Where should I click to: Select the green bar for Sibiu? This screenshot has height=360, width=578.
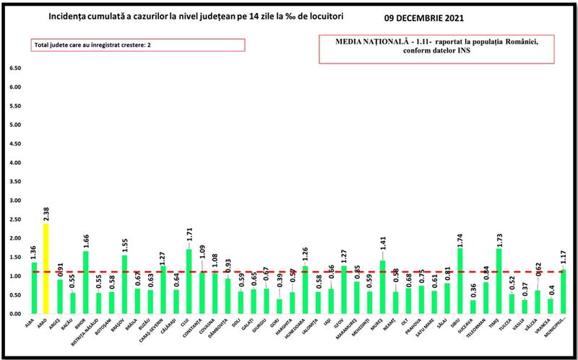(460, 281)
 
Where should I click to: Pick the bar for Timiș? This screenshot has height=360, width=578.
(499, 281)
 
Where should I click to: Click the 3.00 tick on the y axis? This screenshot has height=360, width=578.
(15, 200)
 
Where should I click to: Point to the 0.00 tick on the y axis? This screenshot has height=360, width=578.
(15, 314)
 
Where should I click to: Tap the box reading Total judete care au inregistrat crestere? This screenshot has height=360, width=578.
(138, 45)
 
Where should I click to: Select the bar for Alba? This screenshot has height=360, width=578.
(34, 288)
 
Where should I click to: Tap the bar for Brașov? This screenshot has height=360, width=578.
(125, 284)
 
